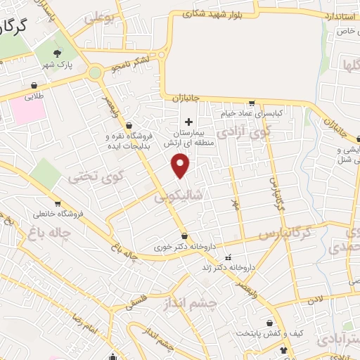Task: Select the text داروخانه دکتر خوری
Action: tap(184, 247)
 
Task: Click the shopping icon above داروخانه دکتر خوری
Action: tap(184, 236)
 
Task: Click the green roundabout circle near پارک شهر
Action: tap(95, 72)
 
